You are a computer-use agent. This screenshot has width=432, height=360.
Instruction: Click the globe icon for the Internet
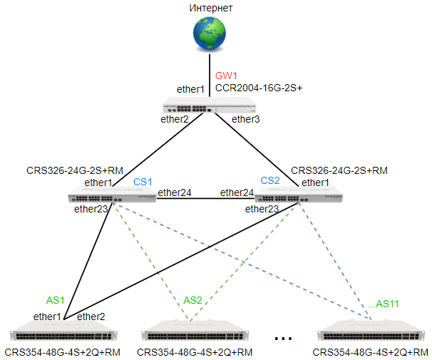pyautogui.click(x=210, y=34)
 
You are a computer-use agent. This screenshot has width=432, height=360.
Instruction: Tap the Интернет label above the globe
pyautogui.click(x=211, y=8)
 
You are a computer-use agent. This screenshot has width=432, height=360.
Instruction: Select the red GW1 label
pyautogui.click(x=226, y=76)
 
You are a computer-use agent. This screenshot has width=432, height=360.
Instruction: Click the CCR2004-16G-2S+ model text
pyautogui.click(x=259, y=88)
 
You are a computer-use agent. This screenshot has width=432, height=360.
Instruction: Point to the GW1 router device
pyautogui.click(x=210, y=105)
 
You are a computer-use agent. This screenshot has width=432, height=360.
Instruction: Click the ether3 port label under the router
pyautogui.click(x=245, y=119)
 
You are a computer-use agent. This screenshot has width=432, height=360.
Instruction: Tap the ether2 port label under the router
pyautogui.click(x=175, y=119)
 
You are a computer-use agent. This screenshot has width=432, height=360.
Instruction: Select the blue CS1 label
pyautogui.click(x=143, y=182)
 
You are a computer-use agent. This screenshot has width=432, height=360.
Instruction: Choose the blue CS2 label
pyautogui.click(x=270, y=180)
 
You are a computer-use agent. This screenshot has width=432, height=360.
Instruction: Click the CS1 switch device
pyautogui.click(x=112, y=195)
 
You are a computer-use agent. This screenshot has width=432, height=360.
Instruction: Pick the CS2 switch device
pyautogui.click(x=299, y=195)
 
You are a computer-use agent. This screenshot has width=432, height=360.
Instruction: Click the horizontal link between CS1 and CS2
pyautogui.click(x=205, y=198)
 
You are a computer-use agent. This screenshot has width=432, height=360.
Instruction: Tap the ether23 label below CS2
pyautogui.click(x=262, y=209)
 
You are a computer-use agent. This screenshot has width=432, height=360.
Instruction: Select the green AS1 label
pyautogui.click(x=55, y=300)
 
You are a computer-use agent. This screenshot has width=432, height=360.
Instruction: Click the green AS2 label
pyautogui.click(x=192, y=300)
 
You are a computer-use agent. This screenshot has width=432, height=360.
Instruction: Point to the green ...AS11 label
pyautogui.click(x=384, y=304)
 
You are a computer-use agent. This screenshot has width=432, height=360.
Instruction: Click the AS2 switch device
pyautogui.click(x=195, y=331)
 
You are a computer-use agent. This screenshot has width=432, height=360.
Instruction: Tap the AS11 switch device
pyautogui.click(x=371, y=331)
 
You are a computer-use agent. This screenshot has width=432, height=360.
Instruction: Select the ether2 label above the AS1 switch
pyautogui.click(x=91, y=317)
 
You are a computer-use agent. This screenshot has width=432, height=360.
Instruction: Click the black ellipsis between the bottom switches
pyautogui.click(x=283, y=339)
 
